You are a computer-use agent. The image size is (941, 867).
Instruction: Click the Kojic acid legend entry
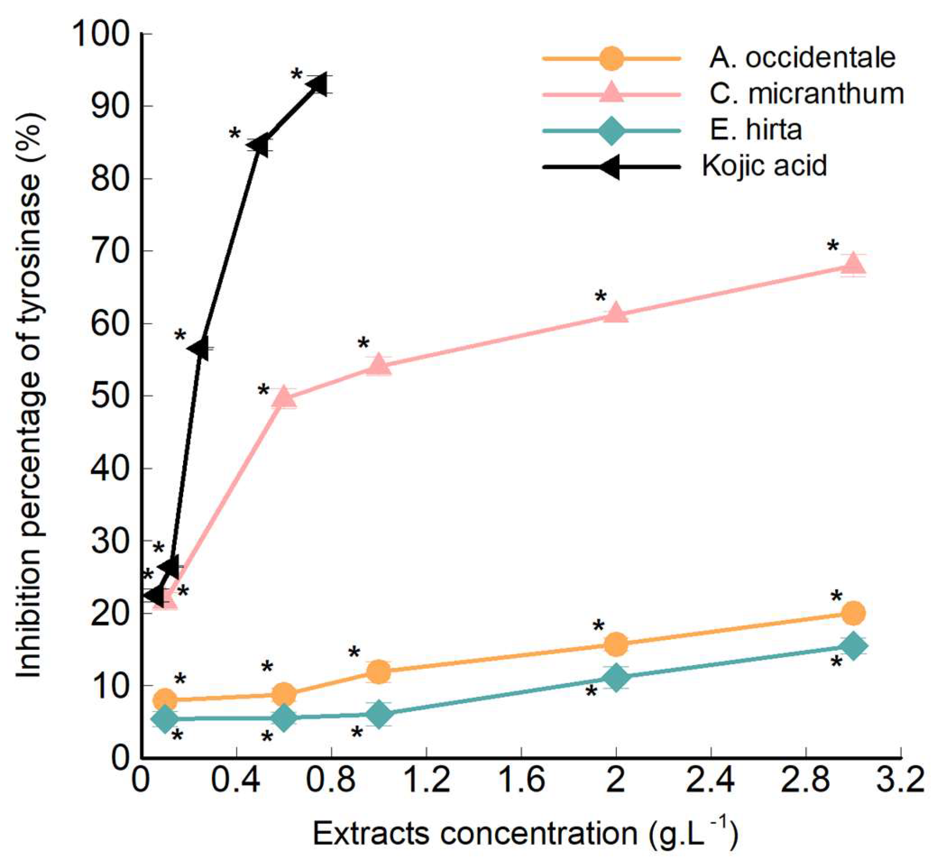tap(764, 166)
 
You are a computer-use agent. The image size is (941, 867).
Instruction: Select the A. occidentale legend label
tap(802, 58)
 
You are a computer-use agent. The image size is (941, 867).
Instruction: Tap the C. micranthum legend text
tap(806, 94)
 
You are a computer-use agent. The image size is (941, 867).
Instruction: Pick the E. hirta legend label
tap(755, 130)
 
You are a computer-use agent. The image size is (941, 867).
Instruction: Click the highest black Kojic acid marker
tap(319, 84)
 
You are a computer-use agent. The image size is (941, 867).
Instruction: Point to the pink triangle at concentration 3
tap(853, 264)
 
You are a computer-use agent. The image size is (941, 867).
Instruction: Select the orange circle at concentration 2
tap(616, 644)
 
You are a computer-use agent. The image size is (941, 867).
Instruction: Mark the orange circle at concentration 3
tap(853, 613)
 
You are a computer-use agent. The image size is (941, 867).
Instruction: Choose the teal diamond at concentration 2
tap(616, 677)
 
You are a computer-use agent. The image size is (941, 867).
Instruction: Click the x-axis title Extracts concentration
tap(525, 834)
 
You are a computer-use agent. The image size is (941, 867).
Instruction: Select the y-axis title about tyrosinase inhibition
tap(30, 396)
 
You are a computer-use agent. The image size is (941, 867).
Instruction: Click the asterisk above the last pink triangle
tap(833, 247)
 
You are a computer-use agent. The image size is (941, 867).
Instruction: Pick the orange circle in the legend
tap(612, 59)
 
